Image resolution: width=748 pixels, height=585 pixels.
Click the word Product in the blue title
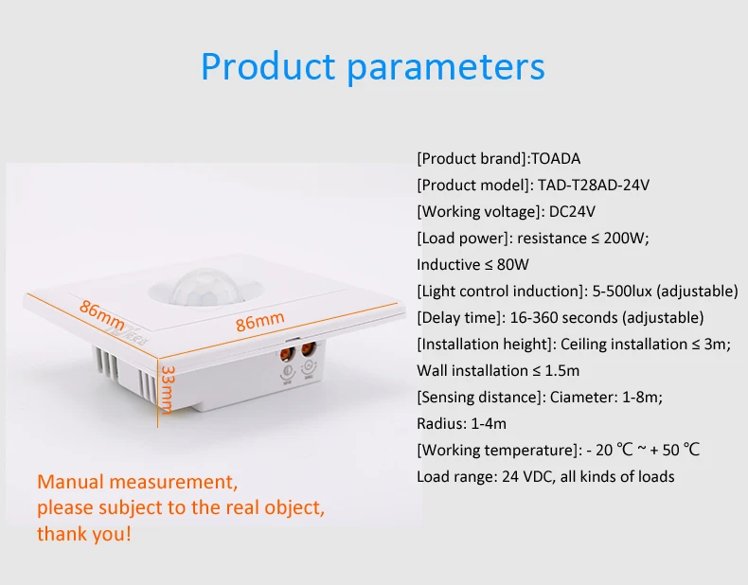click(x=268, y=66)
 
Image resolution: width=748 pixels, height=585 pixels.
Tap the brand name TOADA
click(x=556, y=159)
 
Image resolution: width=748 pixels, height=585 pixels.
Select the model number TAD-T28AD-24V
click(x=594, y=185)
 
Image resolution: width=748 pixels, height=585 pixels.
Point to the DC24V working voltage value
click(x=572, y=212)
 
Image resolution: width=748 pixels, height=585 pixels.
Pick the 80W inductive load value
click(x=513, y=265)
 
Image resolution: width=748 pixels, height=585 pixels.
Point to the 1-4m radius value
click(x=489, y=423)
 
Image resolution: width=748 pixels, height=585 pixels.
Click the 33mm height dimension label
click(x=168, y=390)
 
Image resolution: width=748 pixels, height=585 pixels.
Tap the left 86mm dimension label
click(x=102, y=315)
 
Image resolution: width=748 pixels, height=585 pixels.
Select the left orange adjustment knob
click(x=287, y=355)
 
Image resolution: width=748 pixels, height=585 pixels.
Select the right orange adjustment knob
click(x=309, y=351)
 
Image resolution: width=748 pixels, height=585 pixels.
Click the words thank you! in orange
click(x=84, y=534)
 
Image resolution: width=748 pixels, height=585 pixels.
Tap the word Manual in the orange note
click(x=71, y=482)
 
